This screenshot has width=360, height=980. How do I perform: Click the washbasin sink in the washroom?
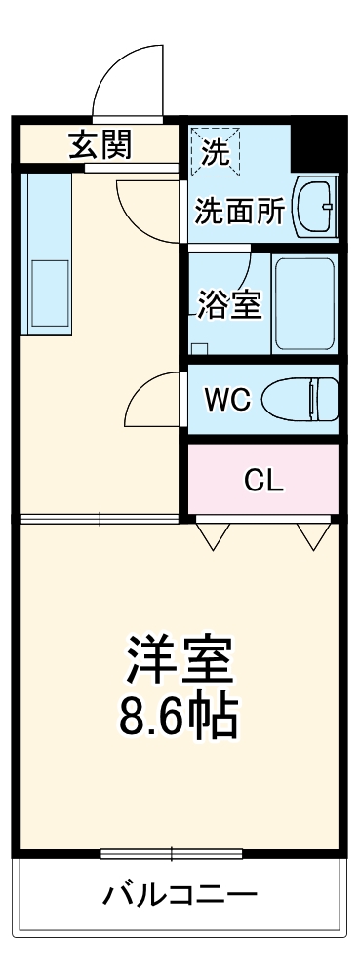click(x=315, y=206)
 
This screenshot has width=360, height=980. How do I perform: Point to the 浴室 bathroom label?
click(x=228, y=304)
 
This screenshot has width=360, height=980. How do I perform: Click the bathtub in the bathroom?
click(x=303, y=302)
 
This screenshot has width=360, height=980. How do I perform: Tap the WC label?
click(x=228, y=398)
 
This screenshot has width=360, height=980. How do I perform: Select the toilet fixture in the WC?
click(x=311, y=398)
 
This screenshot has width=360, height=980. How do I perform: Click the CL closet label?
click(x=262, y=479)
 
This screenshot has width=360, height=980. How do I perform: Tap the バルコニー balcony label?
click(x=180, y=894)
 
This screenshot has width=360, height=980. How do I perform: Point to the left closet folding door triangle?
click(x=213, y=534)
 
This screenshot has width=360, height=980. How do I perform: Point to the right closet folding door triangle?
click(x=313, y=534)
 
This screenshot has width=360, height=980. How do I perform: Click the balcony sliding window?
click(x=172, y=854)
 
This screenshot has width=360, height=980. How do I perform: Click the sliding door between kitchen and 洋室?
click(x=98, y=517)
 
